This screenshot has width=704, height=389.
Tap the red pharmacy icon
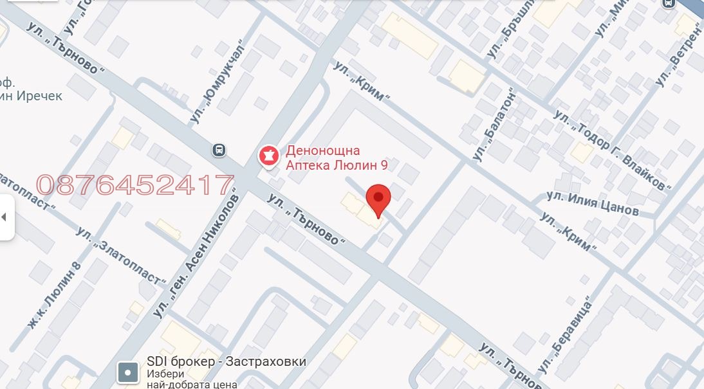(268, 156)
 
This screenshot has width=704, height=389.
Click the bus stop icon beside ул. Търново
(219, 150)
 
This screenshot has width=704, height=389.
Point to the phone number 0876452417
(134, 185)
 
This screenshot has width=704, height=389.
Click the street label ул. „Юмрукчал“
(219, 82)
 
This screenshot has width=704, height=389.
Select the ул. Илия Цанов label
(593, 203)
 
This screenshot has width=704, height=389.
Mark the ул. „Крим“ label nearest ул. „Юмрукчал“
(362, 81)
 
